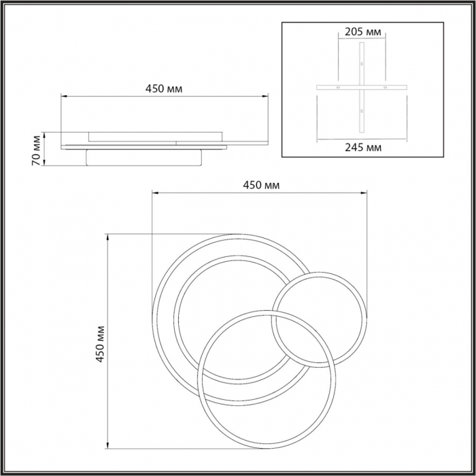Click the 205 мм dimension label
pos(362,31)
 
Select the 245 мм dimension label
pos(363,148)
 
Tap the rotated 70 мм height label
pos(36,150)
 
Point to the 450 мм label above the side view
pos(164,88)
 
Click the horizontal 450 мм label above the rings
pos(261,185)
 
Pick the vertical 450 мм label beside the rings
pos(100,344)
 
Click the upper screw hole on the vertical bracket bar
pos(362,64)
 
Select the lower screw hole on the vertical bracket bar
pos(362,111)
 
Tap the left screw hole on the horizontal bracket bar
pos(338,88)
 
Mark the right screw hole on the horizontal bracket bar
pos(386,88)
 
